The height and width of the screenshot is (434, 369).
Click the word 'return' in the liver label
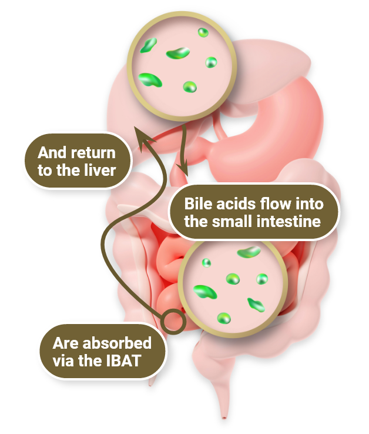[x=93, y=153]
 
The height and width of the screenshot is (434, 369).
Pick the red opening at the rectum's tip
[x=226, y=418]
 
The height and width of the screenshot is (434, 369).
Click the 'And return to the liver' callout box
[x=76, y=162]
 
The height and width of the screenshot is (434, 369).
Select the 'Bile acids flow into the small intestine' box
[x=254, y=213]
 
